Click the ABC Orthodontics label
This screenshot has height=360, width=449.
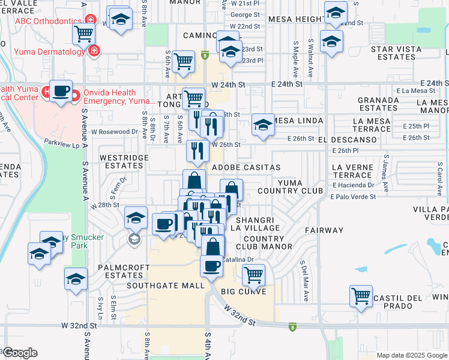pos(47,21)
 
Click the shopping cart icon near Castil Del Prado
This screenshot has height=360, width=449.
pos(360,295)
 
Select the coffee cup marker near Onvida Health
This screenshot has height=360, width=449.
pos(60,91)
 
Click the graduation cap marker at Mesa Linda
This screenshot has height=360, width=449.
pos(263,125)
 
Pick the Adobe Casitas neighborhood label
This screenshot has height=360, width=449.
pos(246,167)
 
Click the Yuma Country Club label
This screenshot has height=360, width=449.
pos(295,187)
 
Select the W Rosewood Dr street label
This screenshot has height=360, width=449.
pos(115,131)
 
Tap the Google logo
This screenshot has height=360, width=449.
pos(21,353)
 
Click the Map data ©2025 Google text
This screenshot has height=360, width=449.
pos(411,355)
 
